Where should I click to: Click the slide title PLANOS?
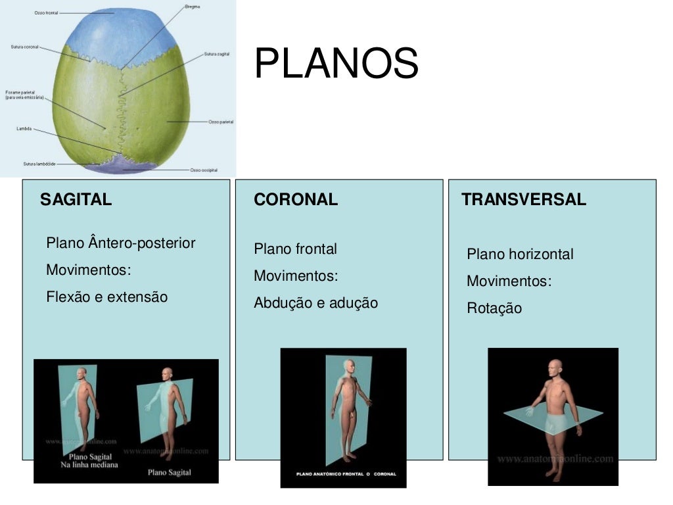336,64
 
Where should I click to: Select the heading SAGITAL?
76,200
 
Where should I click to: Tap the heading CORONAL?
296,200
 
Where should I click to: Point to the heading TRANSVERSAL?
523,200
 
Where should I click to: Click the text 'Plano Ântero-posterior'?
121,243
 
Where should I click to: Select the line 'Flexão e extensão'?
107,297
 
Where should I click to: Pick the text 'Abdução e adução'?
315,303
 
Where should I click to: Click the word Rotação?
494,308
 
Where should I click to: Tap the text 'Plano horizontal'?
520,254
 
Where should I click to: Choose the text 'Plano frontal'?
295,249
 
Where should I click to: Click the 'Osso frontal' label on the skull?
46,12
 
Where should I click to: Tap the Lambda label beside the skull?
24,129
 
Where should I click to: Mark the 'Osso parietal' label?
221,122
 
